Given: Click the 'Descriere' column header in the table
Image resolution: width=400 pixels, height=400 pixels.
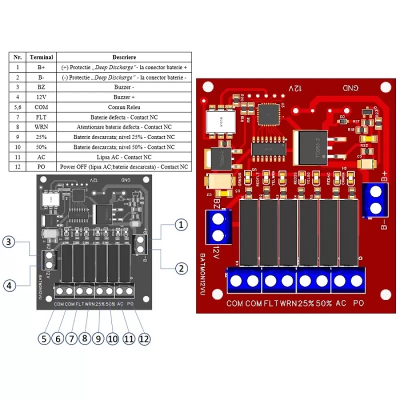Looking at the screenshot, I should [x=124, y=57].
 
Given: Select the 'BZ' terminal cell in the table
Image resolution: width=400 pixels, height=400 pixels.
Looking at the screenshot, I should [x=41, y=86].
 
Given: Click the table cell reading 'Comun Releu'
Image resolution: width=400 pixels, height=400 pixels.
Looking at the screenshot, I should [x=124, y=106].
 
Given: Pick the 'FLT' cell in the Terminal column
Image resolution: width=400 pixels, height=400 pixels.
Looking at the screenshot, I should [x=41, y=116].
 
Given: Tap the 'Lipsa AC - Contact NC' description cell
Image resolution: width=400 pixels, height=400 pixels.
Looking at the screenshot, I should [x=124, y=156].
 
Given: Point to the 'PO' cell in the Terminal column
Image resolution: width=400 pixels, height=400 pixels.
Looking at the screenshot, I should [x=41, y=166].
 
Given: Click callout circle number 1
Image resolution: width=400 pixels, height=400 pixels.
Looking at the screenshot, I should [x=181, y=225].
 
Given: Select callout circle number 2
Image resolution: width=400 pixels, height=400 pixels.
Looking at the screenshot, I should [x=181, y=268].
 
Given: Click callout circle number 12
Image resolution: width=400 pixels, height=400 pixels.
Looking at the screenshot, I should [x=144, y=338].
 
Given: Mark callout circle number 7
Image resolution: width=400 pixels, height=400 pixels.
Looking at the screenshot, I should [x=71, y=338].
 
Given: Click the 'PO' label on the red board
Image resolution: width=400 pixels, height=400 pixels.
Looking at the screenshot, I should [x=358, y=303].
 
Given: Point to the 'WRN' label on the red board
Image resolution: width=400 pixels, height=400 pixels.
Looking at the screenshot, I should [x=288, y=303].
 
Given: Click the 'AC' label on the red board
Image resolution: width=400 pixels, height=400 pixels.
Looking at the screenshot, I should [x=341, y=303].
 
